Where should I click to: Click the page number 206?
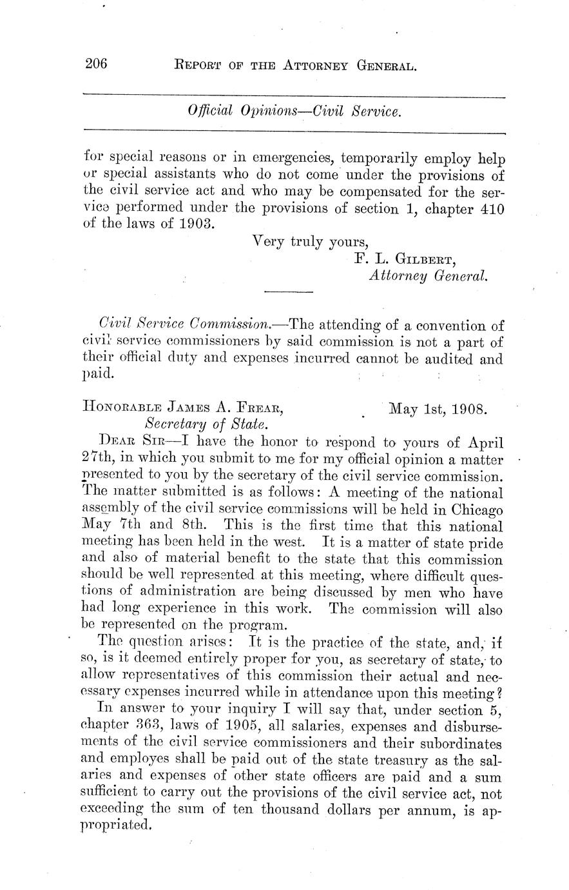point(95,64)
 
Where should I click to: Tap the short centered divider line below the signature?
point(289,293)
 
